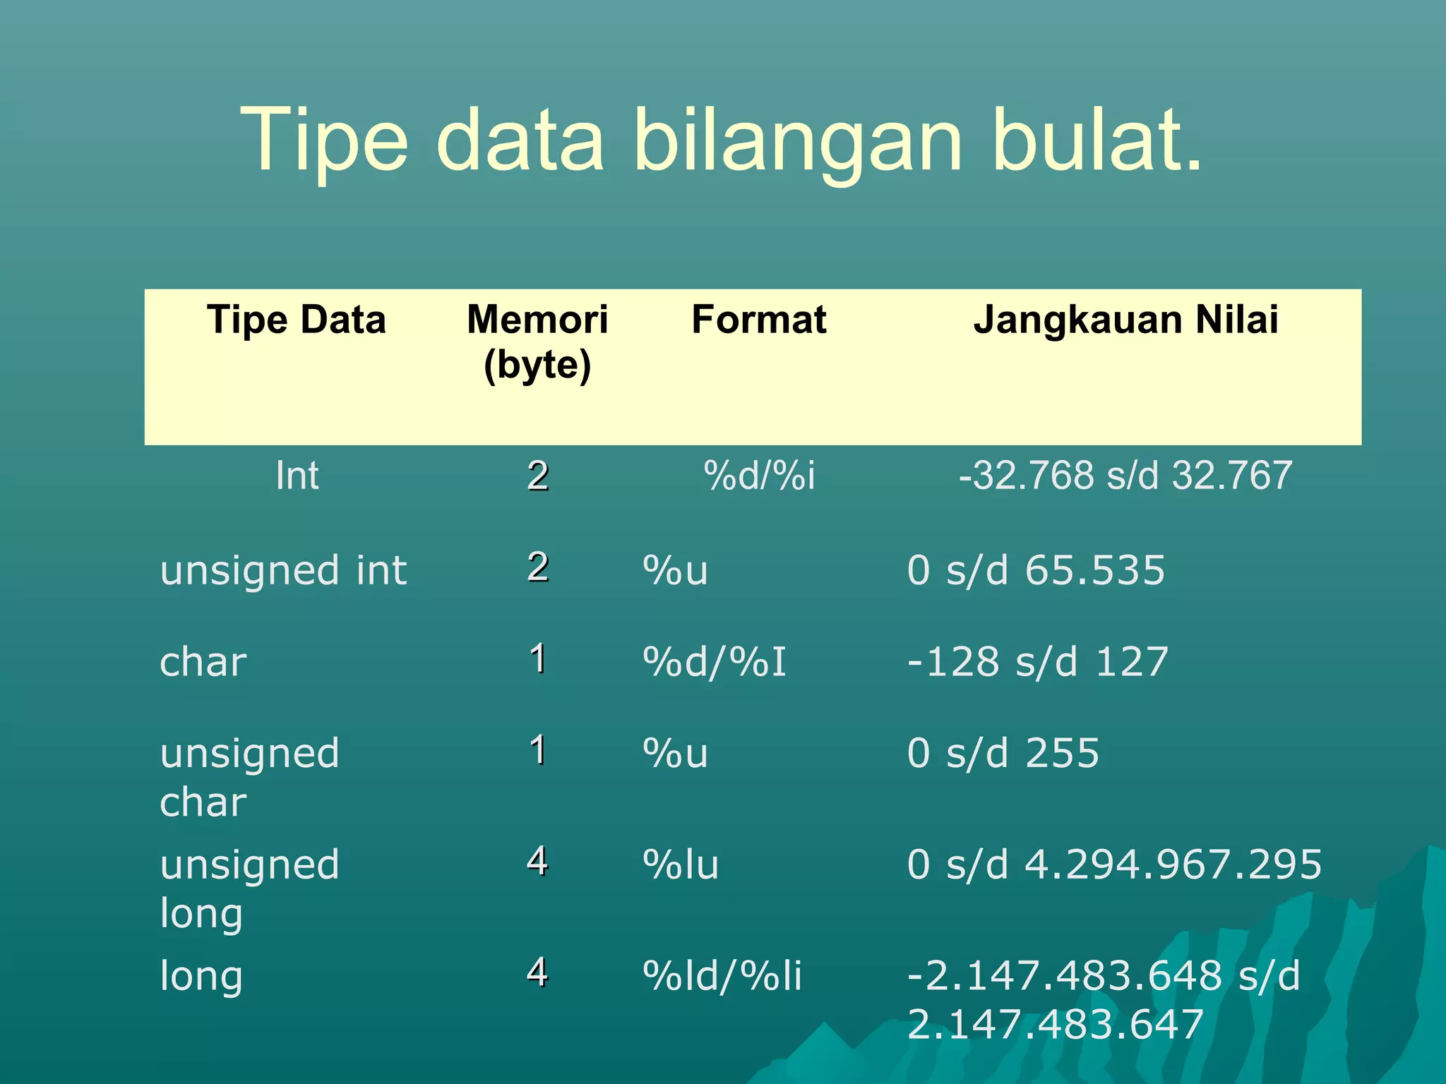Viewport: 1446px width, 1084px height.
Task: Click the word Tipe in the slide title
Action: (324, 141)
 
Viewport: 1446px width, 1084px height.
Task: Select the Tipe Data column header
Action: (297, 320)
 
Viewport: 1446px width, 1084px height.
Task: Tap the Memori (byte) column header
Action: (537, 342)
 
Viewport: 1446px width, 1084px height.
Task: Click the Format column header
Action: (758, 320)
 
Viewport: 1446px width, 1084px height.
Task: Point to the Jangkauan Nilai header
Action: (1125, 320)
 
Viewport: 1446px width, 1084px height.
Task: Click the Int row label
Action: (297, 476)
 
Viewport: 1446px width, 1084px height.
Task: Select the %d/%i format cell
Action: (759, 476)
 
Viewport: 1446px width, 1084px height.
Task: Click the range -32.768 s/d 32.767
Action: (1125, 476)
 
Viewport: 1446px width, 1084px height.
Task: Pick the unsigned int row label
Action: (283, 570)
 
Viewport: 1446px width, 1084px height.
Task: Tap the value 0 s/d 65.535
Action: (1036, 570)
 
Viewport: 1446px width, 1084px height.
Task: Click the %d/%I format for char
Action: (715, 663)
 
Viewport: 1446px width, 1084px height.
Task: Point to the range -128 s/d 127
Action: (1037, 663)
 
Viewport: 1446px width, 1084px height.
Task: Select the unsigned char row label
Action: (249, 776)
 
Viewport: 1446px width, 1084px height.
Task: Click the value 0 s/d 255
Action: (1003, 753)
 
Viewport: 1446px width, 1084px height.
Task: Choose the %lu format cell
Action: (681, 865)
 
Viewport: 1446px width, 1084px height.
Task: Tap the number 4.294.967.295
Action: (1173, 865)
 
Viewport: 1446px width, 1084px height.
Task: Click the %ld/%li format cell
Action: (722, 976)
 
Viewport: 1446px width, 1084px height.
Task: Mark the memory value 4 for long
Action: (537, 972)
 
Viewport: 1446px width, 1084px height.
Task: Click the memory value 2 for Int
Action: (538, 476)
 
